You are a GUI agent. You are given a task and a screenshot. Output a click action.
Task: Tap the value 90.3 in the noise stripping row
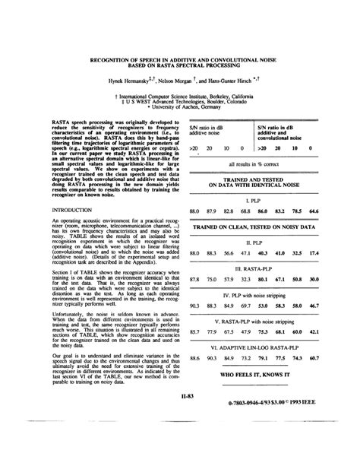pyautogui.click(x=194, y=305)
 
